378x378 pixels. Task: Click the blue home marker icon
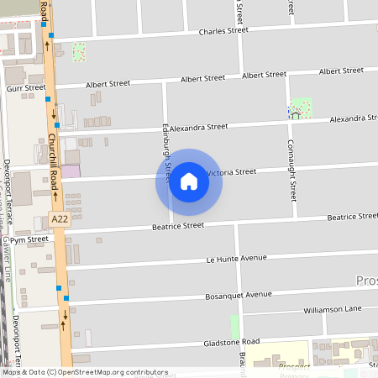(189, 182)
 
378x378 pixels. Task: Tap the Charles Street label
(224, 32)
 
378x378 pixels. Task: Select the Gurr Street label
(24, 87)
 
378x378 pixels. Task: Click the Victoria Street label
(230, 172)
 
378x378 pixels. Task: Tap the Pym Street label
(29, 239)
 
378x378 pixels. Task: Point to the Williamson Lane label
(333, 309)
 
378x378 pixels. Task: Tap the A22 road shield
(58, 219)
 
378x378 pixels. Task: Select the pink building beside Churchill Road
(71, 171)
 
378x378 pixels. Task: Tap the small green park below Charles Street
(79, 52)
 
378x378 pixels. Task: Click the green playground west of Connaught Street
(301, 108)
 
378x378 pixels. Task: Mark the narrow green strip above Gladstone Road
(234, 326)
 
